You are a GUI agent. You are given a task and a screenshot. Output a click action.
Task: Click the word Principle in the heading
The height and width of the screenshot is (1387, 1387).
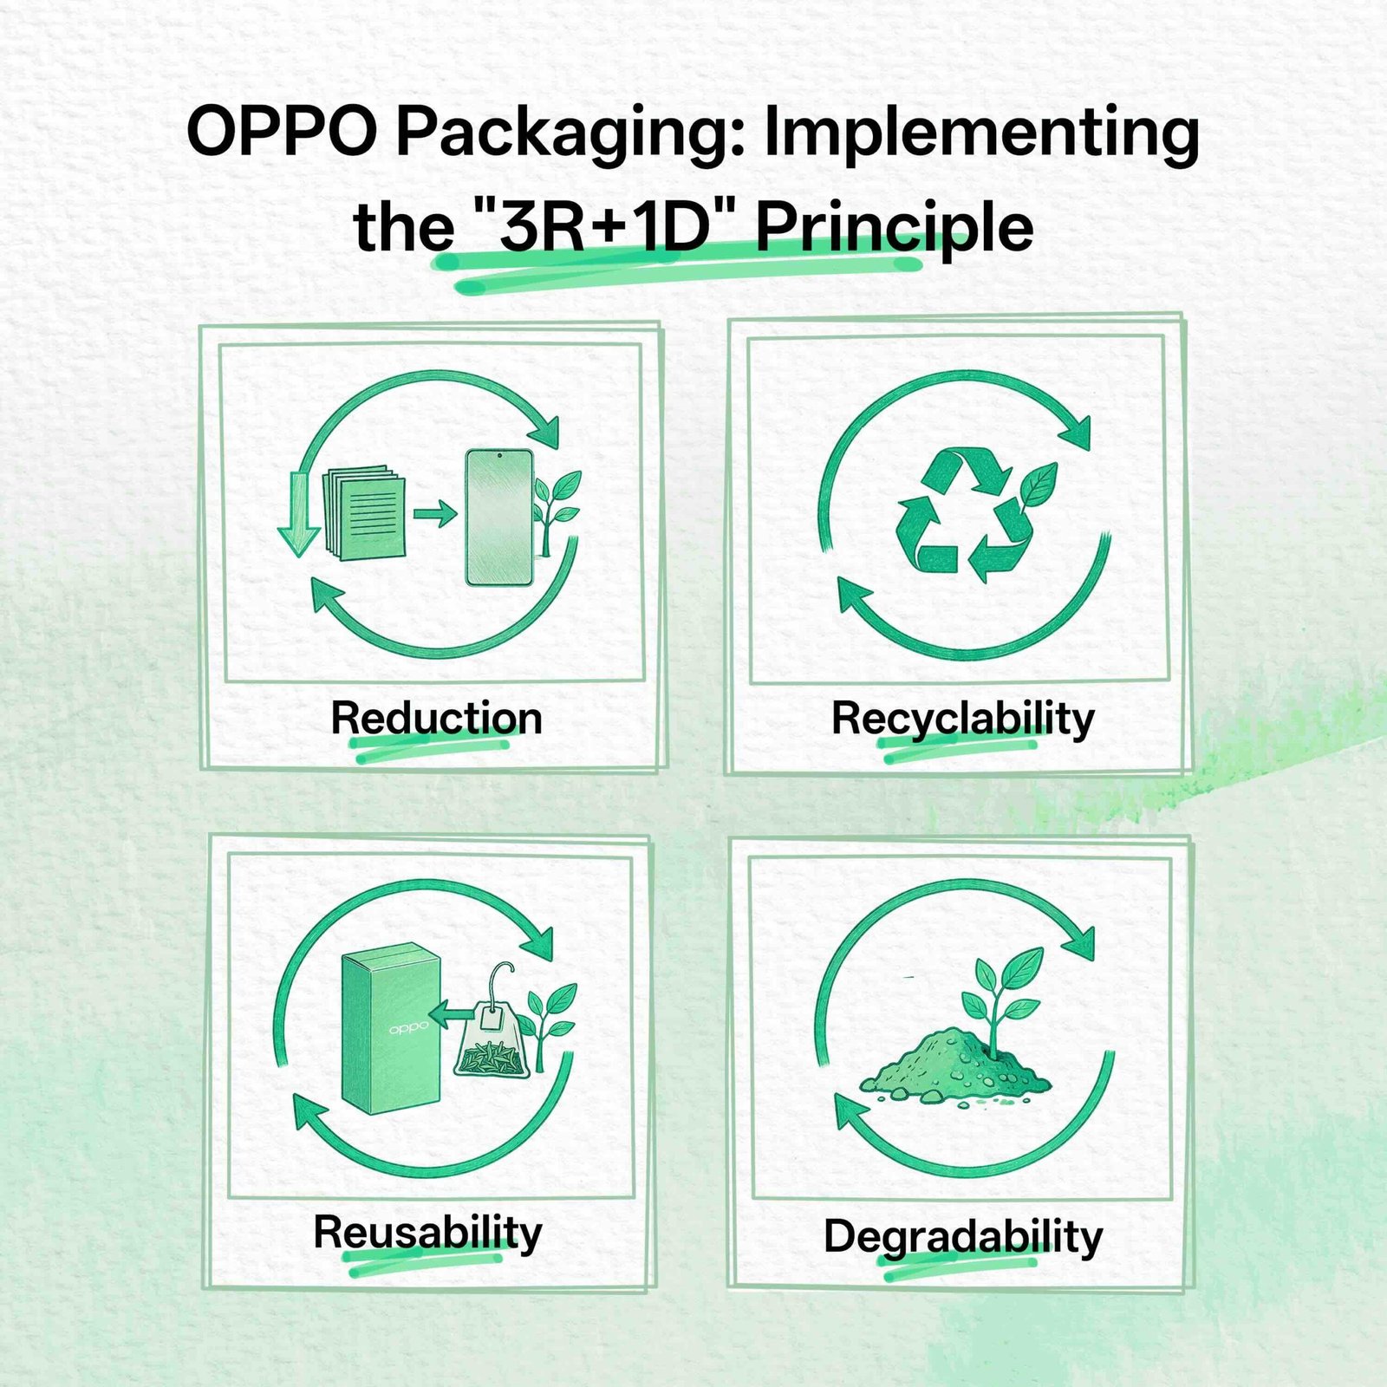tap(895, 230)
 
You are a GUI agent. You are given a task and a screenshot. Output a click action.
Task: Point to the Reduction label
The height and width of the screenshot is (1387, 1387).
tap(436, 718)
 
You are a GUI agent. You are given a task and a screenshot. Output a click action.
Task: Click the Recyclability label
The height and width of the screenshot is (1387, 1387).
tap(962, 720)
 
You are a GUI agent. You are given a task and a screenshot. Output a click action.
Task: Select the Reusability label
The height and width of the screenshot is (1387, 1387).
tap(427, 1232)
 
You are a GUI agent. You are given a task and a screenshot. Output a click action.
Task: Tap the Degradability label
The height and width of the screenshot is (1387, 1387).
tap(962, 1236)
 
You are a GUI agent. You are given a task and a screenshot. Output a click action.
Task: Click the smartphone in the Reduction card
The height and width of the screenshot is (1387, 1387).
tap(499, 517)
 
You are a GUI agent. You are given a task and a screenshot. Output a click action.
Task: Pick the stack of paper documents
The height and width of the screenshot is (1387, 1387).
tap(364, 513)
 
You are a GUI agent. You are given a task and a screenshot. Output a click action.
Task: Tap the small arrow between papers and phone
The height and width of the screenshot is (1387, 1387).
tap(435, 513)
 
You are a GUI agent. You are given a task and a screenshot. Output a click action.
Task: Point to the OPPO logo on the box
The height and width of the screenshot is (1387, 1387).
tap(408, 1028)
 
